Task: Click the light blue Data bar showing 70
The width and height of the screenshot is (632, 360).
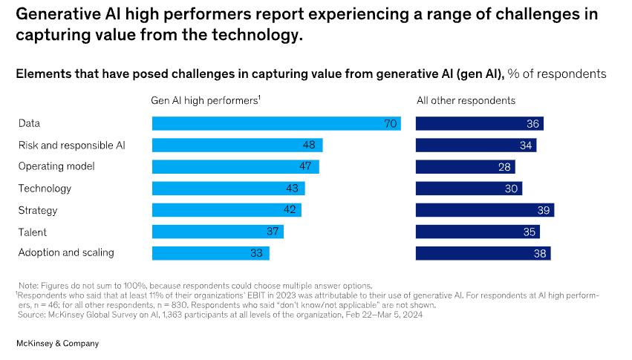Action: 276,124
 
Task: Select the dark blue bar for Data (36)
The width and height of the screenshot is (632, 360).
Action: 479,124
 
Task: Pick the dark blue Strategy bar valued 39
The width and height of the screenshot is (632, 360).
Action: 484,210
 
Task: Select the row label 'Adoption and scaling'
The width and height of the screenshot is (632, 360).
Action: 66,252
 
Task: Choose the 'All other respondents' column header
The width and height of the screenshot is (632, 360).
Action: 465,100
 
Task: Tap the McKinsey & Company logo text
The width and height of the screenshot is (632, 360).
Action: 57,344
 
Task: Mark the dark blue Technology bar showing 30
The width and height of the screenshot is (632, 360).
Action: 469,189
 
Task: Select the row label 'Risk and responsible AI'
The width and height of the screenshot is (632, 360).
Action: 71,145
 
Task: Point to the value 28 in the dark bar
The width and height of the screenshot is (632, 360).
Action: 504,167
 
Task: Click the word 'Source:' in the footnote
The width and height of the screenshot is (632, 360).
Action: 33,314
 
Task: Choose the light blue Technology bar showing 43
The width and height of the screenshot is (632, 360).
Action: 228,189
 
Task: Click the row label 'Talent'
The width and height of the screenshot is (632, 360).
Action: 32,232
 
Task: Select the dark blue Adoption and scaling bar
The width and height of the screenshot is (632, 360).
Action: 483,253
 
